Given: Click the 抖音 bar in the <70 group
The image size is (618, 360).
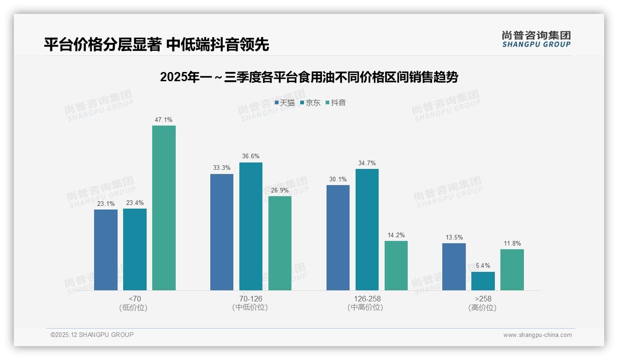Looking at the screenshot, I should coord(164,208).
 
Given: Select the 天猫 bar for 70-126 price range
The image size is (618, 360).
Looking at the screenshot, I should coord(222,232).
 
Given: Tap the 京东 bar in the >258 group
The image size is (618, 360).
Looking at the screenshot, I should coord(483,281).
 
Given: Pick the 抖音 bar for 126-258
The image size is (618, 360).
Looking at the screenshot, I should coord(396,265).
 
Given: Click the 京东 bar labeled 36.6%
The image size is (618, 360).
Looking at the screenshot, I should coord(250,226).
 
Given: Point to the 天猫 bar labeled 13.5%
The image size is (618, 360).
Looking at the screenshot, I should coord(454,267).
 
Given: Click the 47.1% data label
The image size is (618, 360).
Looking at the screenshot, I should coord(164,120).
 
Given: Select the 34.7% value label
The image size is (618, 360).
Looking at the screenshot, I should coord(367,163).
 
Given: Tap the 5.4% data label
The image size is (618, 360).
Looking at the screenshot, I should coord(483,266).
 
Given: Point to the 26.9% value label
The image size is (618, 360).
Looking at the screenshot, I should coord(280,190).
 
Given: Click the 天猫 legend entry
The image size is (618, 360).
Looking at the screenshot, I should coord(285,103).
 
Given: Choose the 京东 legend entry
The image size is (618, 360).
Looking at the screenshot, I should coord(310,103).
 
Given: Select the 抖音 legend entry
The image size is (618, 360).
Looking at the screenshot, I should coord(336,103).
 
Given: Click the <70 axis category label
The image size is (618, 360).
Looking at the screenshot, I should coord(135,299).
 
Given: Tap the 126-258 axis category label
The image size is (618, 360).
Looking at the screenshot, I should coord(367,299).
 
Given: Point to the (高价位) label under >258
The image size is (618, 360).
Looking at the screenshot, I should coord(483,307).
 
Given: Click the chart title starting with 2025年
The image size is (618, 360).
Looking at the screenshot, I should coord(309,77).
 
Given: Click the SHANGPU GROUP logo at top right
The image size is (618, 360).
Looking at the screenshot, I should coord(536,39).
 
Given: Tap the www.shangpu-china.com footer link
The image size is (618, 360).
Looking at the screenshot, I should coord(537,335).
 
